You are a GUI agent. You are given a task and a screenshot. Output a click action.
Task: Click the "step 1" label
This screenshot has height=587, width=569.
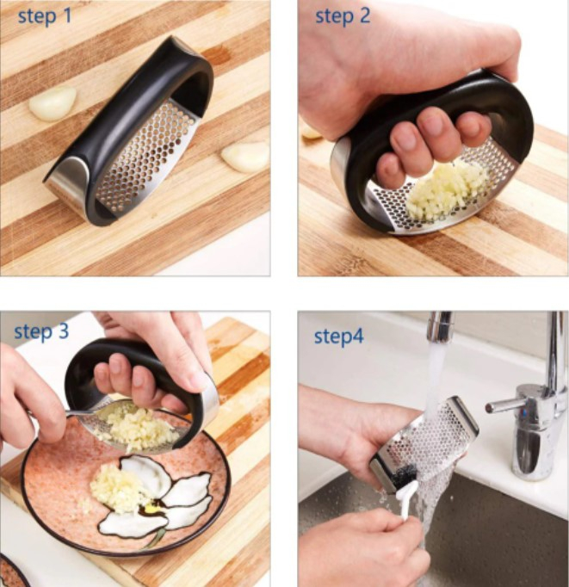tap(45, 16)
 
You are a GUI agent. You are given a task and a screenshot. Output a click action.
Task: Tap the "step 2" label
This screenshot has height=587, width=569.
tap(343, 16)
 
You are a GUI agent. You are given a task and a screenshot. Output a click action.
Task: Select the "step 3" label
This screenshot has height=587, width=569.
tap(41, 331)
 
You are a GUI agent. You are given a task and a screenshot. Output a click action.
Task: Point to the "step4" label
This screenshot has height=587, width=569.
tap(339, 337)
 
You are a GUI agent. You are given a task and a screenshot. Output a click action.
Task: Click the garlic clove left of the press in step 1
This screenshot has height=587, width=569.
tap(53, 103)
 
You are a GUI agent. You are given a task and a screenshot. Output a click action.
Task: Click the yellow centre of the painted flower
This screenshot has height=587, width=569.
tap(151, 509)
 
